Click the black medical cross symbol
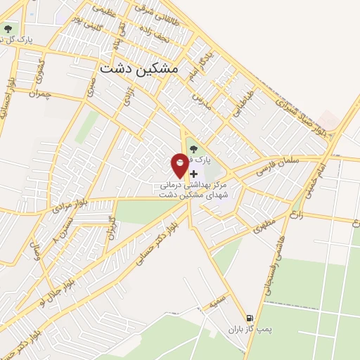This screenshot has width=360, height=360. click(194, 173)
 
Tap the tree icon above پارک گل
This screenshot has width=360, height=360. click(8, 29)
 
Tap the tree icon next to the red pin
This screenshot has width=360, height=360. click(193, 148)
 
